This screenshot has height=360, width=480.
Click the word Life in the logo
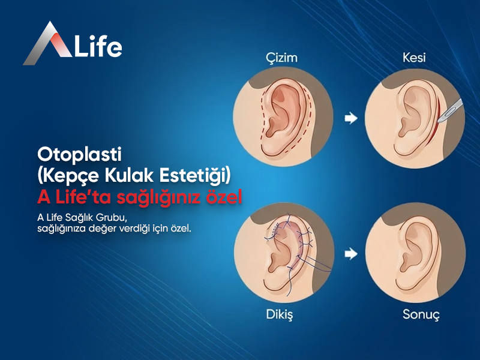tap(98, 47)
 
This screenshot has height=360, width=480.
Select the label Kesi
tap(413, 58)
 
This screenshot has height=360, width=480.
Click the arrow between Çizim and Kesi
tap(348, 119)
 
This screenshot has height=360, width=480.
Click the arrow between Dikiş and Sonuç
tap(348, 254)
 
